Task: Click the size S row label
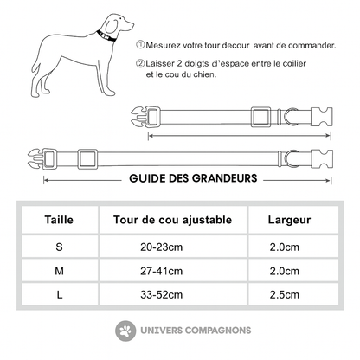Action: point(60,247)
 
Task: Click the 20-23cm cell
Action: point(161,247)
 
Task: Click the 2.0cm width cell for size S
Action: point(287,247)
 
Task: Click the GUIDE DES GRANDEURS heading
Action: point(192,179)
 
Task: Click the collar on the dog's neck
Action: point(105,37)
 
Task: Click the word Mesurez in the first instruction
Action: point(164,43)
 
